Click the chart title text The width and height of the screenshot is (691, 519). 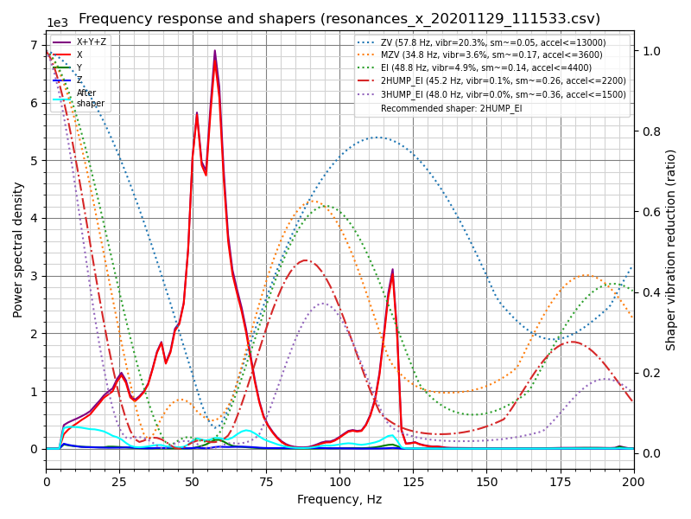click(339, 19)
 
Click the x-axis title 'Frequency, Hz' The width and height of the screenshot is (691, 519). click(339, 499)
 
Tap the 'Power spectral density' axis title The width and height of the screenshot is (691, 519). click(18, 249)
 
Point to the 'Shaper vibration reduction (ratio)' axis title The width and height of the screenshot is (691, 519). click(671, 249)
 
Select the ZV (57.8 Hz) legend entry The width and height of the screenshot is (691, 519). click(493, 42)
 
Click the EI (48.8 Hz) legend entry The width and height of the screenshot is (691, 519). click(493, 68)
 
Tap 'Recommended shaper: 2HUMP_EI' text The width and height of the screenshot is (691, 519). click(451, 108)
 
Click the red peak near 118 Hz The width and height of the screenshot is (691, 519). click(392, 271)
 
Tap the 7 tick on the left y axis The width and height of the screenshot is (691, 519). click(34, 45)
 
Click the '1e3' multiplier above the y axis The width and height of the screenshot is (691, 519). click(57, 23)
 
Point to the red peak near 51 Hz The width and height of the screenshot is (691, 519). click(196, 113)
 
